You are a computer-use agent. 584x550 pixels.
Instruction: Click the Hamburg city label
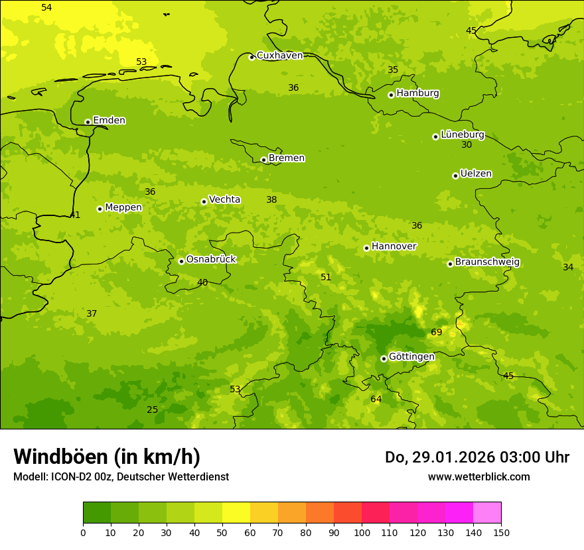click(x=417, y=93)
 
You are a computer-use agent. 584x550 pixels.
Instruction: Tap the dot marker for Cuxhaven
click(x=252, y=57)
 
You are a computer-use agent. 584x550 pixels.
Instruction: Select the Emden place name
click(x=109, y=121)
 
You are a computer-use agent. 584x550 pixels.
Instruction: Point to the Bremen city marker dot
click(x=263, y=160)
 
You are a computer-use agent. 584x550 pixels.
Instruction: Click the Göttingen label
click(x=411, y=357)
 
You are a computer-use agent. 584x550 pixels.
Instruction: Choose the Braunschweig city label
click(x=487, y=262)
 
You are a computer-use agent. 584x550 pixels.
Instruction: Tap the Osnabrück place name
click(x=211, y=260)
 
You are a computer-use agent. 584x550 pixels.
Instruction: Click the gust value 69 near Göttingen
click(x=437, y=333)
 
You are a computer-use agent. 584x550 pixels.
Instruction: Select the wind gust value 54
click(x=46, y=8)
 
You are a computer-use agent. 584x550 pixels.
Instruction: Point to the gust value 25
click(x=153, y=410)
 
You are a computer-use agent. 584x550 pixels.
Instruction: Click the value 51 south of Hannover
click(x=326, y=278)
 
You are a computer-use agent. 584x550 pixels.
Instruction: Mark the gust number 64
click(x=376, y=400)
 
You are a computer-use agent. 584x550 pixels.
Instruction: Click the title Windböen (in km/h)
click(x=107, y=457)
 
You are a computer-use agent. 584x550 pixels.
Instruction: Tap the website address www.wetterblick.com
click(x=478, y=477)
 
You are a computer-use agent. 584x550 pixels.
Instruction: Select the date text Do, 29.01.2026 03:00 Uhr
click(x=477, y=457)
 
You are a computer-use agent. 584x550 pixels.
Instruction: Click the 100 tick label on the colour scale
click(x=362, y=532)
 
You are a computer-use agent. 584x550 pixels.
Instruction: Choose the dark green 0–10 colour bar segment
click(x=97, y=513)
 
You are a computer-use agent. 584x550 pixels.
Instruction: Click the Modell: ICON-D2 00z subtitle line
click(x=121, y=477)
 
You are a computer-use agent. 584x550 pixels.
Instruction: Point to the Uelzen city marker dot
click(x=455, y=176)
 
